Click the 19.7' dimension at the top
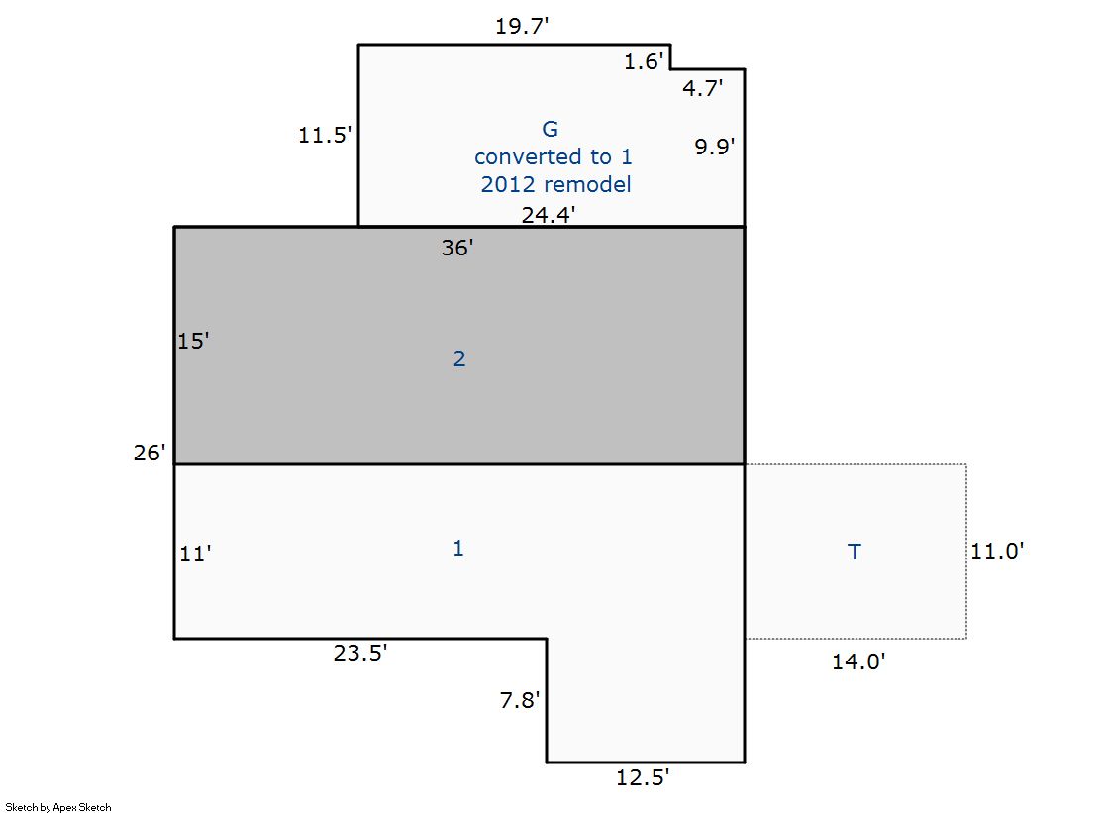[x=522, y=26]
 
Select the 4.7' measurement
[x=702, y=88]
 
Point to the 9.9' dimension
[x=714, y=147]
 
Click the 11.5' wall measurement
[x=325, y=135]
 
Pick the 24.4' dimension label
[x=550, y=214]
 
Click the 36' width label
[x=457, y=248]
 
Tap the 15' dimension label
[x=193, y=341]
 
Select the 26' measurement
[x=150, y=453]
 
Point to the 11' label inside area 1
[x=196, y=554]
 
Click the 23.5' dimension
[x=360, y=653]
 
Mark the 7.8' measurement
[x=520, y=700]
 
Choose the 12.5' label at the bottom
[x=643, y=777]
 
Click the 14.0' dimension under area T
[x=858, y=661]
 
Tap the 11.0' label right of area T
[x=997, y=551]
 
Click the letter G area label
[x=550, y=129]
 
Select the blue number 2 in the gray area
[x=459, y=359]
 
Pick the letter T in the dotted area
[x=855, y=552]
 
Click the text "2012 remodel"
[x=556, y=184]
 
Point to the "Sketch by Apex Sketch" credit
[x=58, y=807]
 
